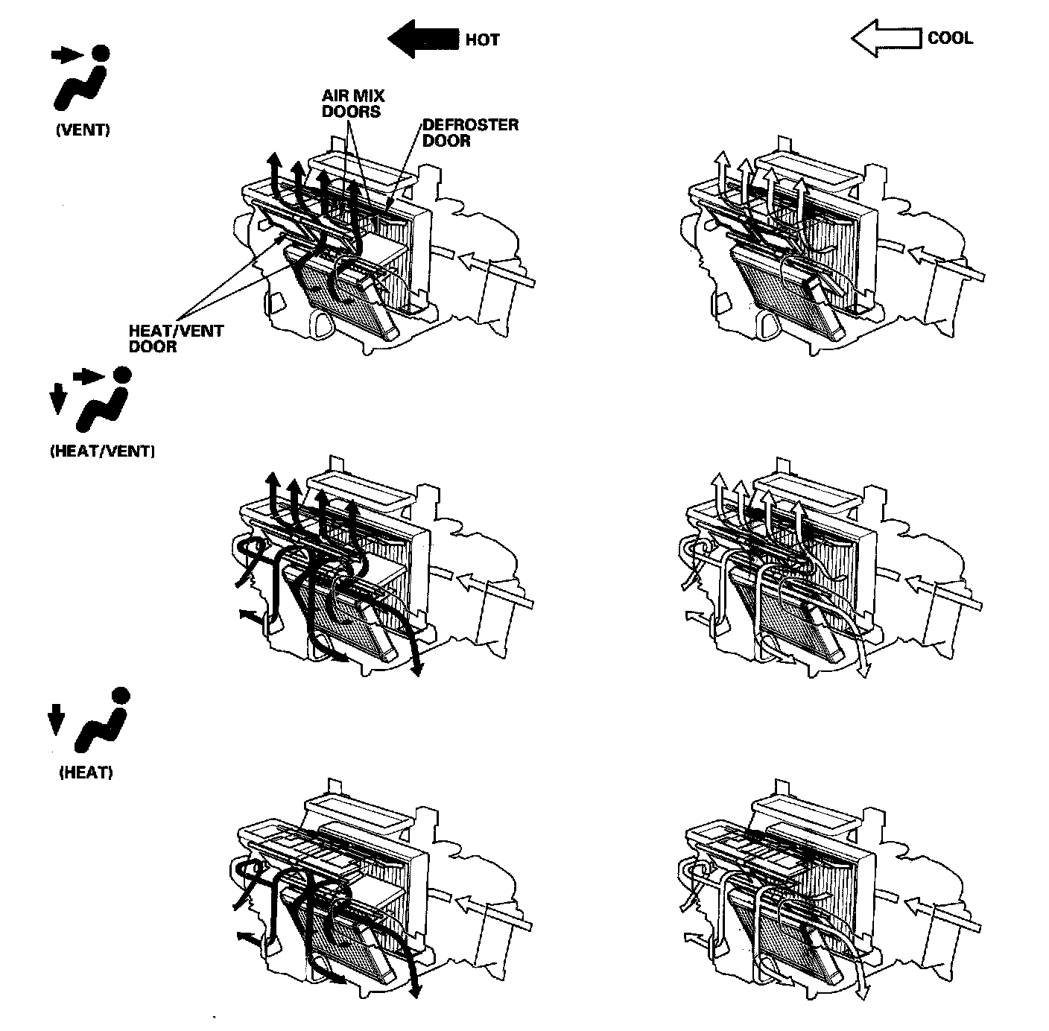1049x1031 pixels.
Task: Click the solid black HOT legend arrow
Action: [422, 39]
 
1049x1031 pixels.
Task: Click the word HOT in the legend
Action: [482, 39]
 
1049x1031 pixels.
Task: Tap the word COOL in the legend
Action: [950, 38]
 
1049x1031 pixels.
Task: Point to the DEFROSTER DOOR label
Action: [469, 133]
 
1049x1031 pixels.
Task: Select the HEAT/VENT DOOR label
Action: [176, 338]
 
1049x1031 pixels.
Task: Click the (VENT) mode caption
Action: [83, 130]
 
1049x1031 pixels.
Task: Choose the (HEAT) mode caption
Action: [86, 773]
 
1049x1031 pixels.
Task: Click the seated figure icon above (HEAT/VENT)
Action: [104, 398]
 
